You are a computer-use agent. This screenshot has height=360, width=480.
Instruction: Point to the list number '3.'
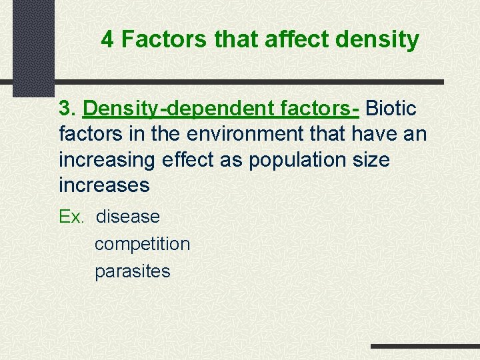point(68,108)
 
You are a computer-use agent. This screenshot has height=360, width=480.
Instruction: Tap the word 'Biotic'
point(392,108)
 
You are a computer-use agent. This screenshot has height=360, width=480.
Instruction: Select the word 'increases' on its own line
point(105,185)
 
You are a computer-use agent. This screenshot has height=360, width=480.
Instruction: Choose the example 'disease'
point(128,217)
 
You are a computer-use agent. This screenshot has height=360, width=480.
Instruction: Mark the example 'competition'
point(142,244)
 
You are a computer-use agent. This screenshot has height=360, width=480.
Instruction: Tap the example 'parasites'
point(133,271)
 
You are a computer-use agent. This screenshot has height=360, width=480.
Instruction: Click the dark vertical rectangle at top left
point(33,47)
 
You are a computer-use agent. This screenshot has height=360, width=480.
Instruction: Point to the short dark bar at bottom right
point(425,347)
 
